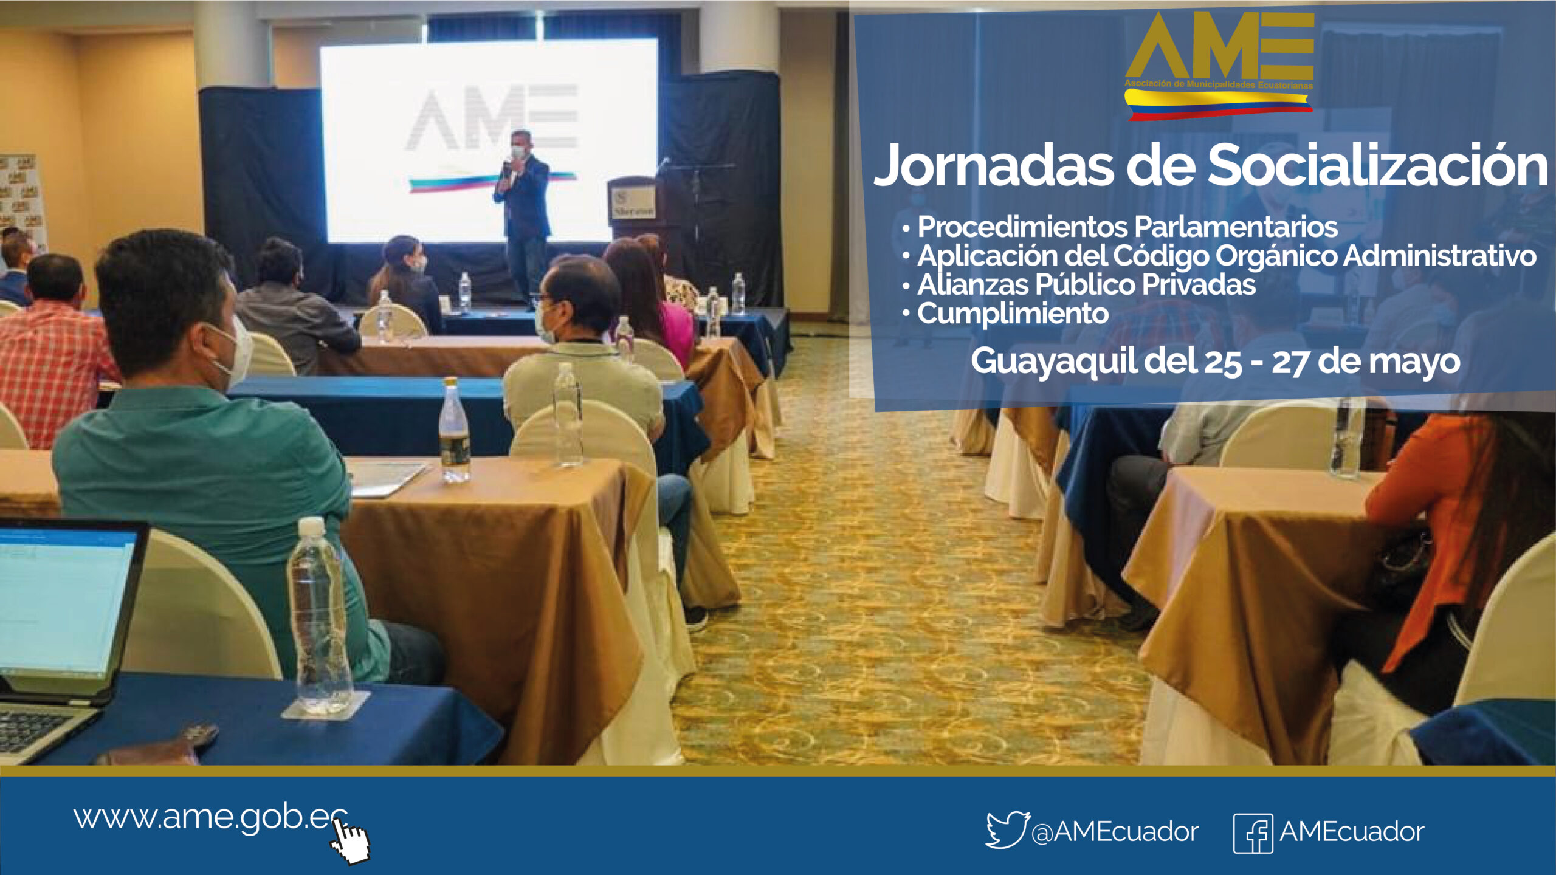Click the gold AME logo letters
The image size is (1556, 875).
1219,46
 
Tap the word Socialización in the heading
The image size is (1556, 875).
1377,165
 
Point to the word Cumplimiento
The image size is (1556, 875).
1013,314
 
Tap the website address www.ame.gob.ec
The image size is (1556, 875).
210,818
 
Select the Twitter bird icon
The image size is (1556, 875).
1007,829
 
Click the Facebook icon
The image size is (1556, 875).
1253,833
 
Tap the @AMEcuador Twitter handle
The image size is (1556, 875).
1115,832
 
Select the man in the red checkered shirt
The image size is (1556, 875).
52,352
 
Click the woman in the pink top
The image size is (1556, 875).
653,304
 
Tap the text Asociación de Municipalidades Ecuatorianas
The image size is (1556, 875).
1218,84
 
